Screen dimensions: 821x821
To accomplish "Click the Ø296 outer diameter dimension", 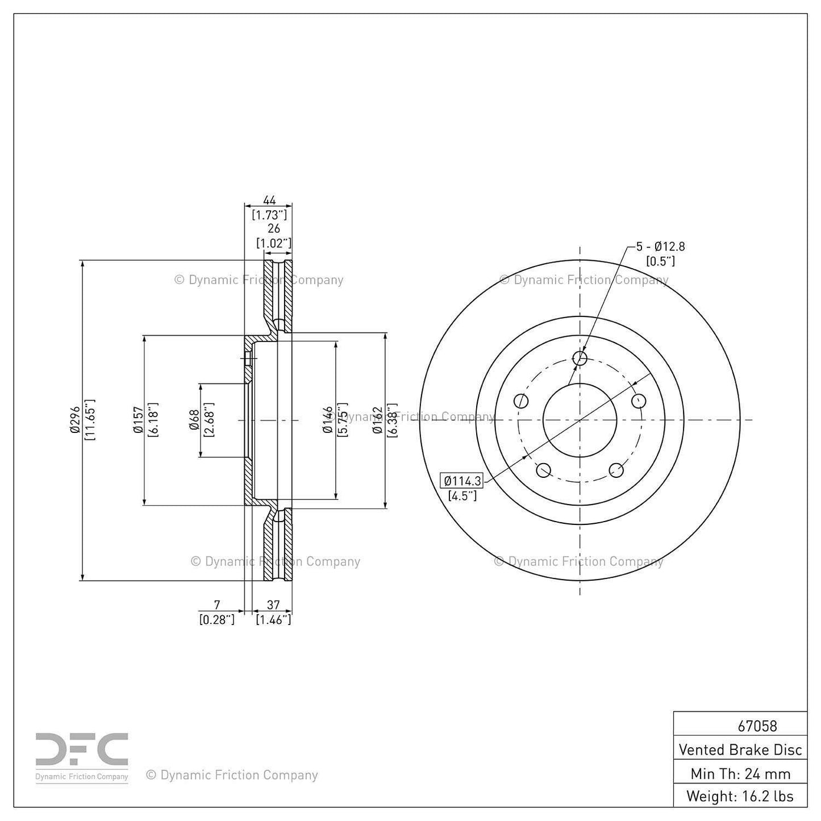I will (x=74, y=420).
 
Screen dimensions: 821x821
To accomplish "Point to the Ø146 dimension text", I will (x=328, y=420).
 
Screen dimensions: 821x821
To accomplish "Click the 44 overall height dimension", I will (x=269, y=200).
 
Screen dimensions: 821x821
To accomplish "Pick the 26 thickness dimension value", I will (x=274, y=228).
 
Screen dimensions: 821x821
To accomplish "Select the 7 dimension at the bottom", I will (x=216, y=605).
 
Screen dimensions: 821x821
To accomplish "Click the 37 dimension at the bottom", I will (x=273, y=605).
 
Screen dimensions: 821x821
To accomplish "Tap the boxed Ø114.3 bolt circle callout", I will (x=462, y=481).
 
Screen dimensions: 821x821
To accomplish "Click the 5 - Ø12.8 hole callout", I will (x=660, y=247).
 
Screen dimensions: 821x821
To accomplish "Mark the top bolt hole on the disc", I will (x=580, y=358).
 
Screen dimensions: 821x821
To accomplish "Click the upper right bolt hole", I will (x=639, y=401).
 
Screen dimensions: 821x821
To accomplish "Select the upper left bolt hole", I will (x=521, y=401).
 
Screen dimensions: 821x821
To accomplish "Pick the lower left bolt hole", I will (x=543, y=470).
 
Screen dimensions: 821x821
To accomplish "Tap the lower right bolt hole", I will (x=616, y=470).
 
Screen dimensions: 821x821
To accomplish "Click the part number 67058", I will (x=757, y=726).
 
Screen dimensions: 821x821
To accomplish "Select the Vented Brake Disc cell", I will (x=740, y=749).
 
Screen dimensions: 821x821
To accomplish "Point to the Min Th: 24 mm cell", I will (x=740, y=773).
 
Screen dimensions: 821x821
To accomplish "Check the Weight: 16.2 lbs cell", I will (x=740, y=796).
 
